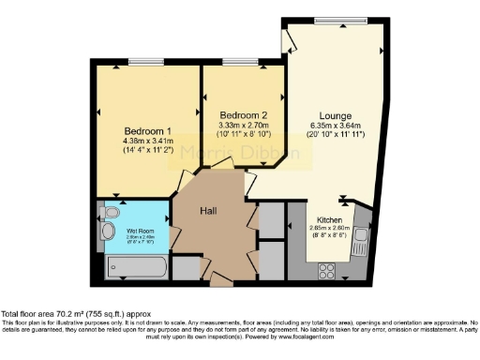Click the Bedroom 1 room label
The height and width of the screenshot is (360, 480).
tap(148, 130)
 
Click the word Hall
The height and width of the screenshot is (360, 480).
tap(209, 212)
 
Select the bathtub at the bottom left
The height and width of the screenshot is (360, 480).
tap(137, 270)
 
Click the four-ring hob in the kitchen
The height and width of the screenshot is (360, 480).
tap(329, 271)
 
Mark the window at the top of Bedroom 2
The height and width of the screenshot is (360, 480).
tap(233, 63)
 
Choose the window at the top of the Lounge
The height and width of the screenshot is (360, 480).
tap(334, 21)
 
